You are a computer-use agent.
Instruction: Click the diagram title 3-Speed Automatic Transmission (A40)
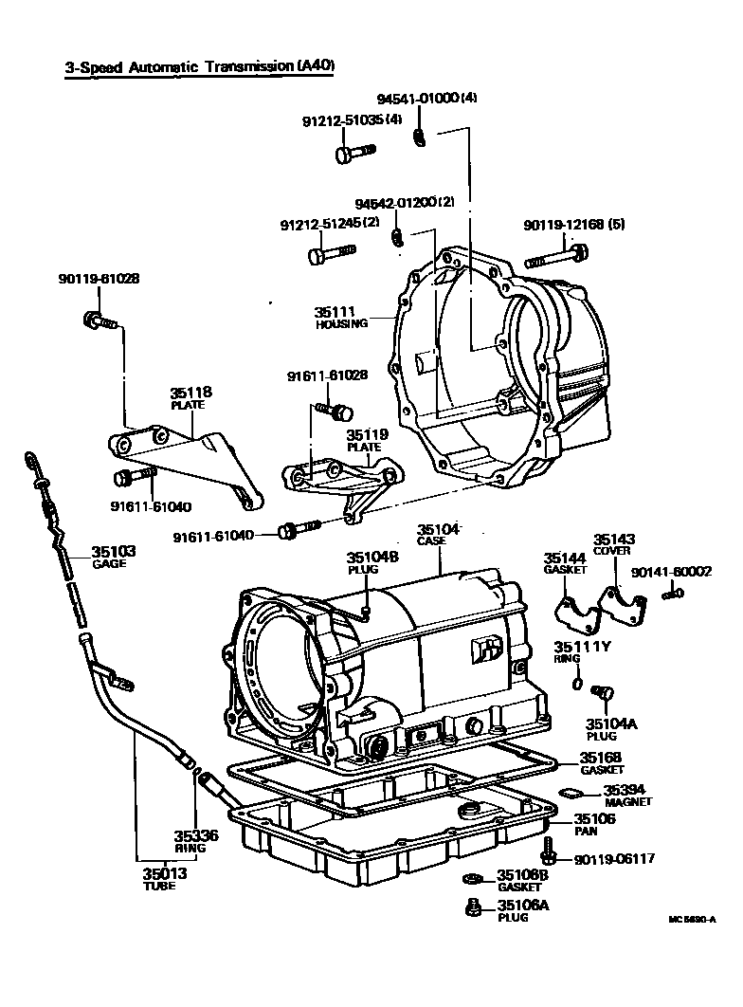(x=200, y=67)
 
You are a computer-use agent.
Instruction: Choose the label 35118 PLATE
(x=190, y=396)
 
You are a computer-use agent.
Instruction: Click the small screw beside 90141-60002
(x=673, y=594)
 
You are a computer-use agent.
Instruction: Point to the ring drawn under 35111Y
(x=577, y=682)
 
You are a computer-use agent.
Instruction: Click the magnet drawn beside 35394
(x=571, y=791)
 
